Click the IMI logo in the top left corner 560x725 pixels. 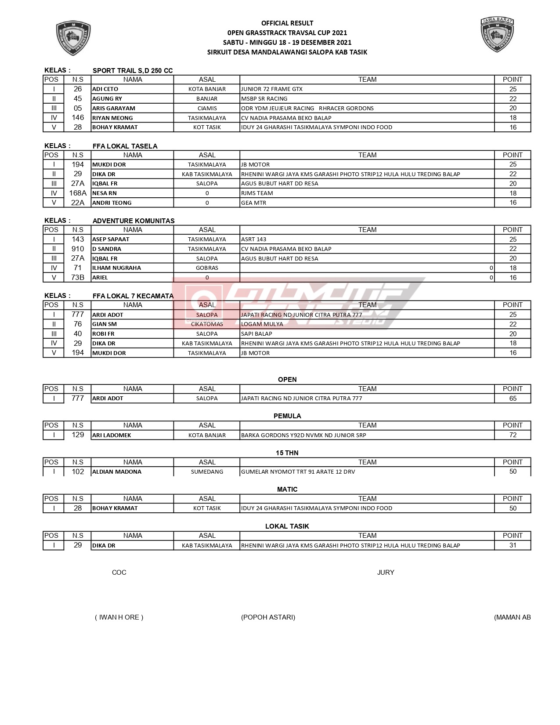click(73, 38)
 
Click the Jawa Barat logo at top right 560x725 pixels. click(497, 35)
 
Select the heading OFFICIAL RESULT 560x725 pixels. click(287, 23)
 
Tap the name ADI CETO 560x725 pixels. click(105, 89)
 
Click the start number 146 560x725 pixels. click(78, 118)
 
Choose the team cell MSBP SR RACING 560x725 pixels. click(264, 99)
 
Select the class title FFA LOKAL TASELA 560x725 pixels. click(125, 146)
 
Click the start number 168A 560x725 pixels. click(78, 193)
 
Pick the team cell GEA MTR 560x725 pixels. click(254, 203)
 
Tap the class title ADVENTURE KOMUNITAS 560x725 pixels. click(134, 221)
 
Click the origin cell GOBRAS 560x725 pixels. click(207, 268)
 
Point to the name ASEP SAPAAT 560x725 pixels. click(111, 239)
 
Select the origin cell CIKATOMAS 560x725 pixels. click(207, 324)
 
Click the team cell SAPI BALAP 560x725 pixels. click(257, 334)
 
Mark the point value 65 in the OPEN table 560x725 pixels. click(513, 399)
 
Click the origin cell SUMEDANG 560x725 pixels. click(207, 472)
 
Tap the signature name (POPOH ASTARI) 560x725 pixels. click(268, 617)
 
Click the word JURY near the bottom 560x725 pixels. click(386, 573)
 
